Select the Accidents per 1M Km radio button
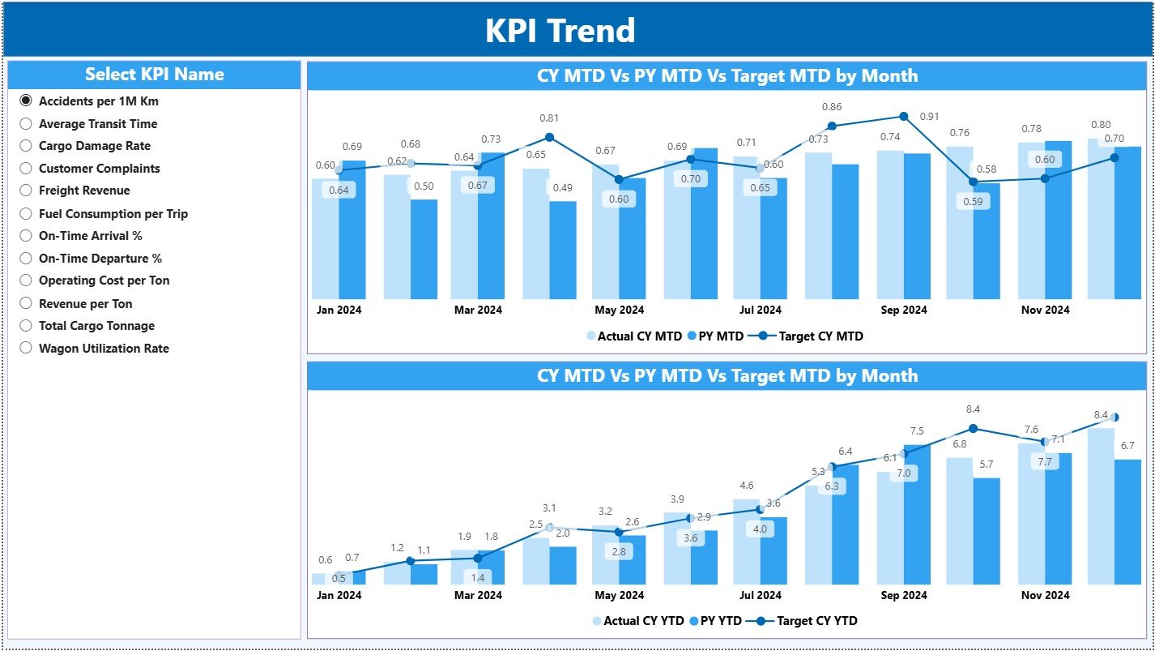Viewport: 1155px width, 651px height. coord(26,101)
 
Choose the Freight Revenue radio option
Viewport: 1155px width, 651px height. coord(26,191)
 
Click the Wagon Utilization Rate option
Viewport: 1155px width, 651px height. coord(26,349)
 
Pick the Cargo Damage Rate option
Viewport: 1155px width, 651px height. coord(26,146)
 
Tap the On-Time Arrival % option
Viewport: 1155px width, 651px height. coord(26,236)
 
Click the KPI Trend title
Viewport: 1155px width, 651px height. coord(560,31)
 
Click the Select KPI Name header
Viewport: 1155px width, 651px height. coord(154,75)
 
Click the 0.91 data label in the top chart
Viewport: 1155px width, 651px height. coord(929,117)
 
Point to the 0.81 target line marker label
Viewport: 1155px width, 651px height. coord(549,118)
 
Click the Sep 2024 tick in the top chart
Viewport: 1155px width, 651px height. coord(903,310)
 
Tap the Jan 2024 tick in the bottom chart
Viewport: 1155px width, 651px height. coord(339,595)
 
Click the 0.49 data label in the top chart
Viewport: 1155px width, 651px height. coord(562,188)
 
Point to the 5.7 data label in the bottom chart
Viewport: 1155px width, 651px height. coord(986,465)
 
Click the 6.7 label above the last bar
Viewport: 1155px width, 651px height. coord(1127,446)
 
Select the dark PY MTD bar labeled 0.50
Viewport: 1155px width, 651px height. coord(424,248)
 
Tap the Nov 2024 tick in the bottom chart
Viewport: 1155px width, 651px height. coord(1044,595)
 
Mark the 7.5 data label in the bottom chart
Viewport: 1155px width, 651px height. coord(917,431)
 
